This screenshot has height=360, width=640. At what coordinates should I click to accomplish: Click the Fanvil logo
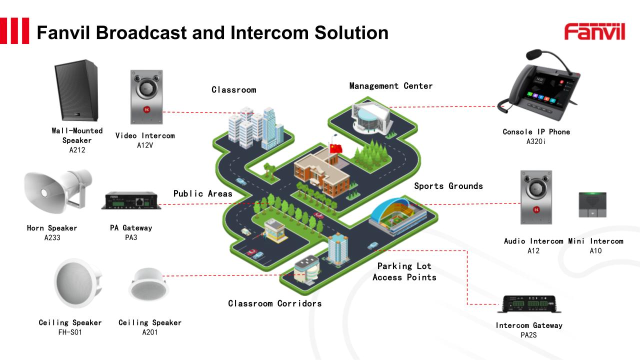click(x=594, y=31)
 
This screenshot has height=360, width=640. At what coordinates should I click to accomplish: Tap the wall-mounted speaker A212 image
click(x=76, y=90)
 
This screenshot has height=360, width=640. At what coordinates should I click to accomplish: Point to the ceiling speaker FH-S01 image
click(x=77, y=283)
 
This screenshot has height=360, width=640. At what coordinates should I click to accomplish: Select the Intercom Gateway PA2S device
click(x=529, y=303)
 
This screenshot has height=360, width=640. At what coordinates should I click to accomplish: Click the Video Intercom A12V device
click(x=146, y=97)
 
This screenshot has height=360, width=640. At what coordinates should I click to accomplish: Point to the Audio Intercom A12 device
click(x=536, y=197)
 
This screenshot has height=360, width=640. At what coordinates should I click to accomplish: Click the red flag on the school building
click(x=335, y=148)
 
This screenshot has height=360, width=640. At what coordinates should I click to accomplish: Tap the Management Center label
click(x=390, y=86)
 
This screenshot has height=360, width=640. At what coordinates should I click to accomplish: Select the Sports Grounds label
click(x=448, y=186)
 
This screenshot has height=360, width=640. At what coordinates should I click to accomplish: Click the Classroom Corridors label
click(x=274, y=303)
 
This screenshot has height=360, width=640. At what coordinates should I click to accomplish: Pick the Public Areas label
click(x=202, y=193)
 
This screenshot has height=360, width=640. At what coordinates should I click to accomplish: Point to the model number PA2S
click(x=528, y=335)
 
